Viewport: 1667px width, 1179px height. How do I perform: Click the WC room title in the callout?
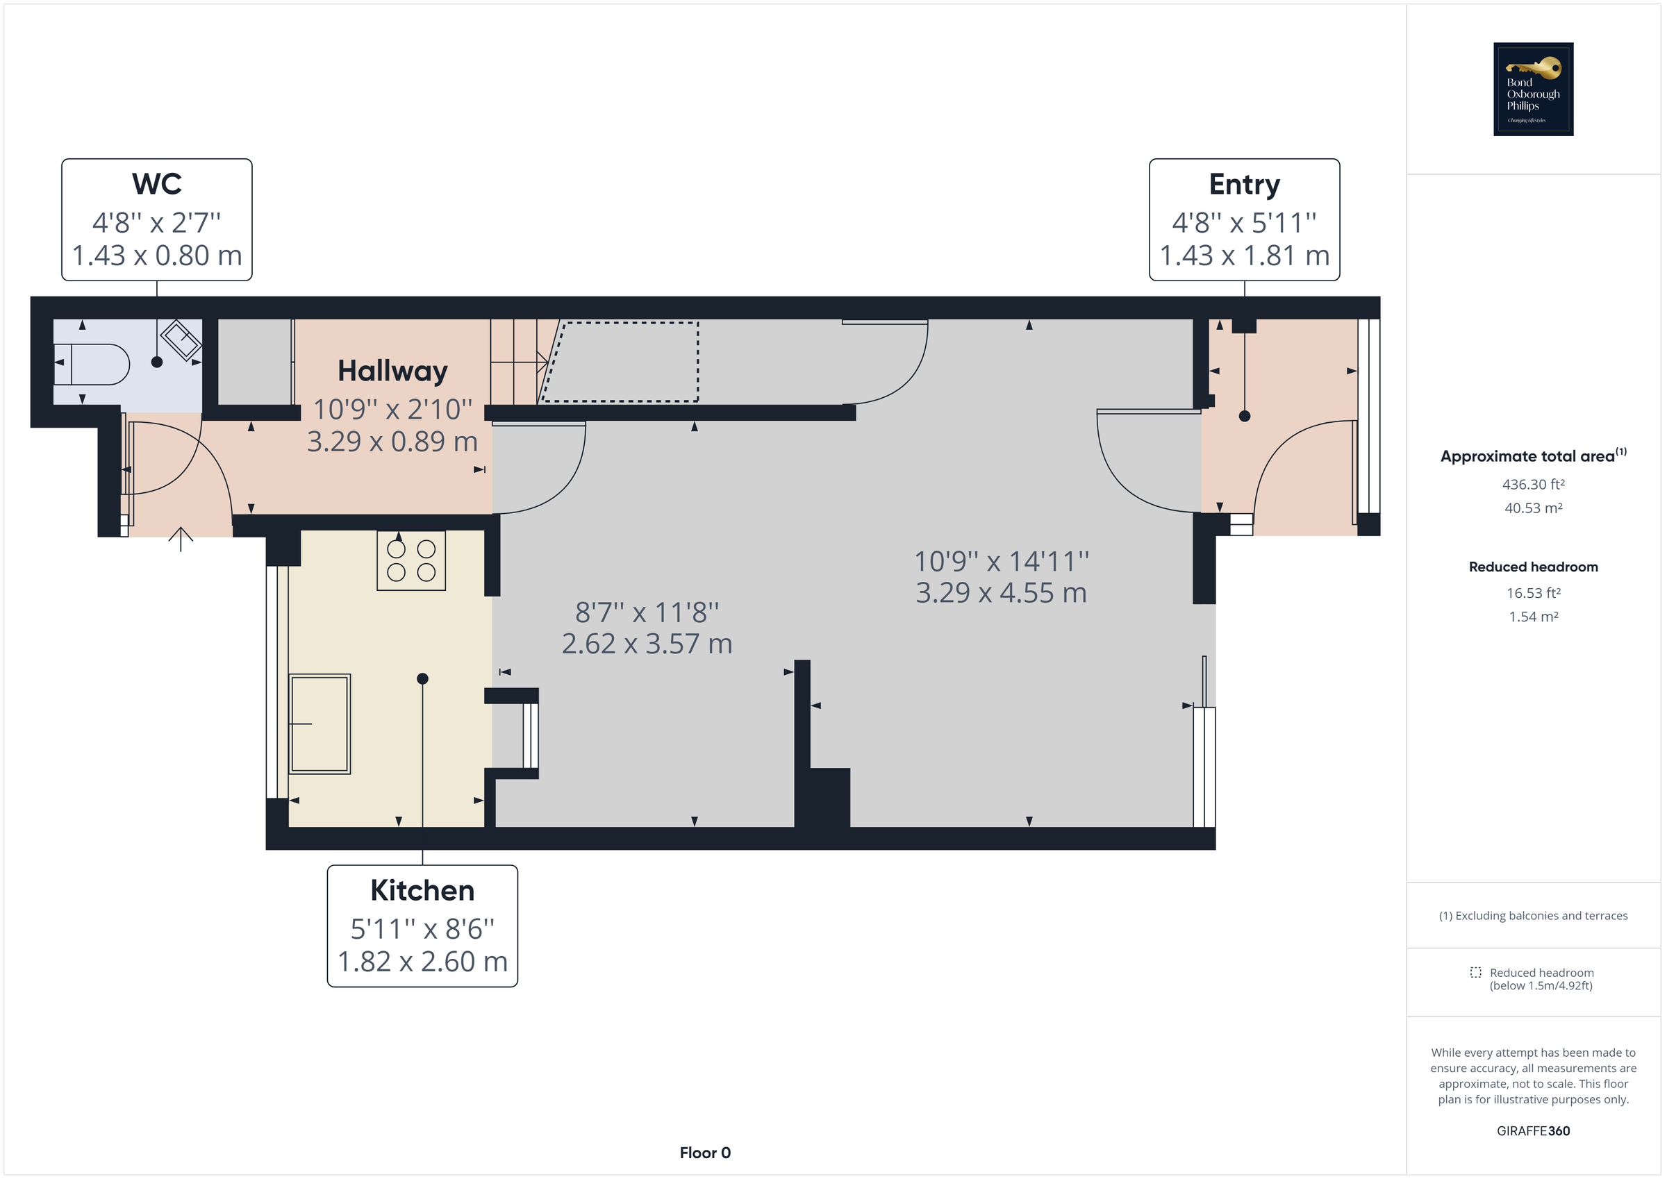(157, 185)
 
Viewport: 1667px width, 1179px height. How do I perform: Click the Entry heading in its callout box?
(1244, 185)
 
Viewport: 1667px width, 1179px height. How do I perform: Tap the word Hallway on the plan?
(393, 371)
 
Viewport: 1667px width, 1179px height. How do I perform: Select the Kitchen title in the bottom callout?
(422, 891)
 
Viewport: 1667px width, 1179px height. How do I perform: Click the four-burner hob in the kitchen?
(411, 560)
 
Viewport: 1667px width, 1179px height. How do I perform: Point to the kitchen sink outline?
(320, 724)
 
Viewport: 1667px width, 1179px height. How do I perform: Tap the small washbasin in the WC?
(181, 339)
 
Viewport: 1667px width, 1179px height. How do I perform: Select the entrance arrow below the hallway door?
(181, 539)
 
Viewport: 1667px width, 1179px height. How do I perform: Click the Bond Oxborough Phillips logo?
(1533, 90)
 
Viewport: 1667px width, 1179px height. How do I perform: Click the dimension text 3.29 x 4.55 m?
(1000, 593)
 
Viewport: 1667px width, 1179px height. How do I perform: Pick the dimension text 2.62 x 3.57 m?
(647, 644)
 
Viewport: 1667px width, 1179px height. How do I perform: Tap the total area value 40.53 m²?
(1533, 508)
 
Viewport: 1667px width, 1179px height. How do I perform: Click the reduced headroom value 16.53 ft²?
(1533, 593)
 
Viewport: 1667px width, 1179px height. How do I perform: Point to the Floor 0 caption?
(704, 1153)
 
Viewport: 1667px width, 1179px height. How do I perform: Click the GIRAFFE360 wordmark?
(1533, 1131)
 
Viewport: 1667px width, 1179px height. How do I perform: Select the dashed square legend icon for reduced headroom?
(1475, 973)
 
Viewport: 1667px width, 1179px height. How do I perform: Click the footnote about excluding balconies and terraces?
(1533, 917)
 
